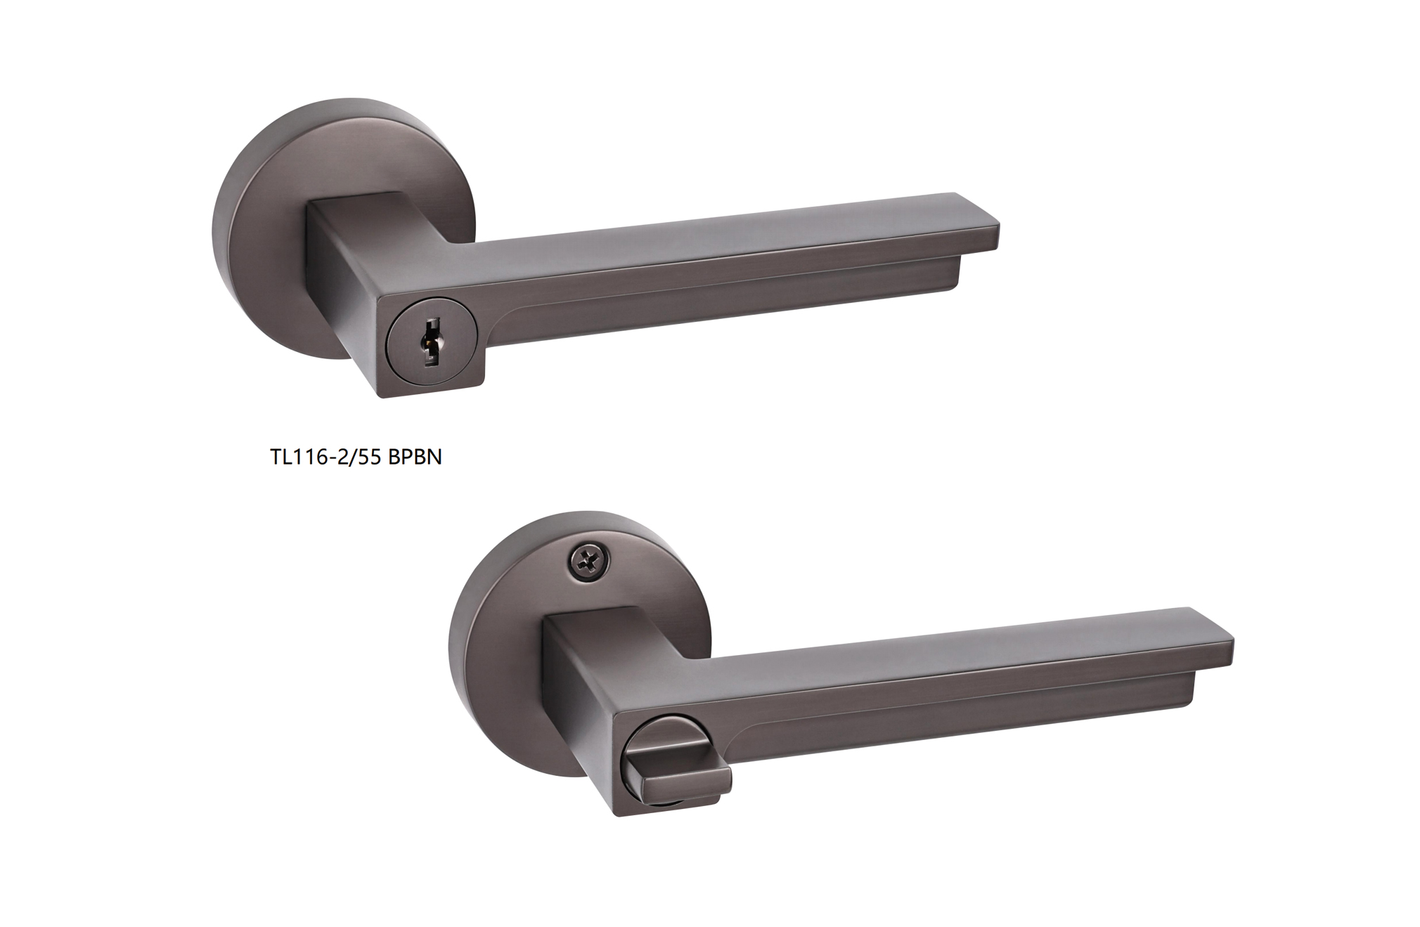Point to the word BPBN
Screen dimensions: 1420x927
pos(415,457)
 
